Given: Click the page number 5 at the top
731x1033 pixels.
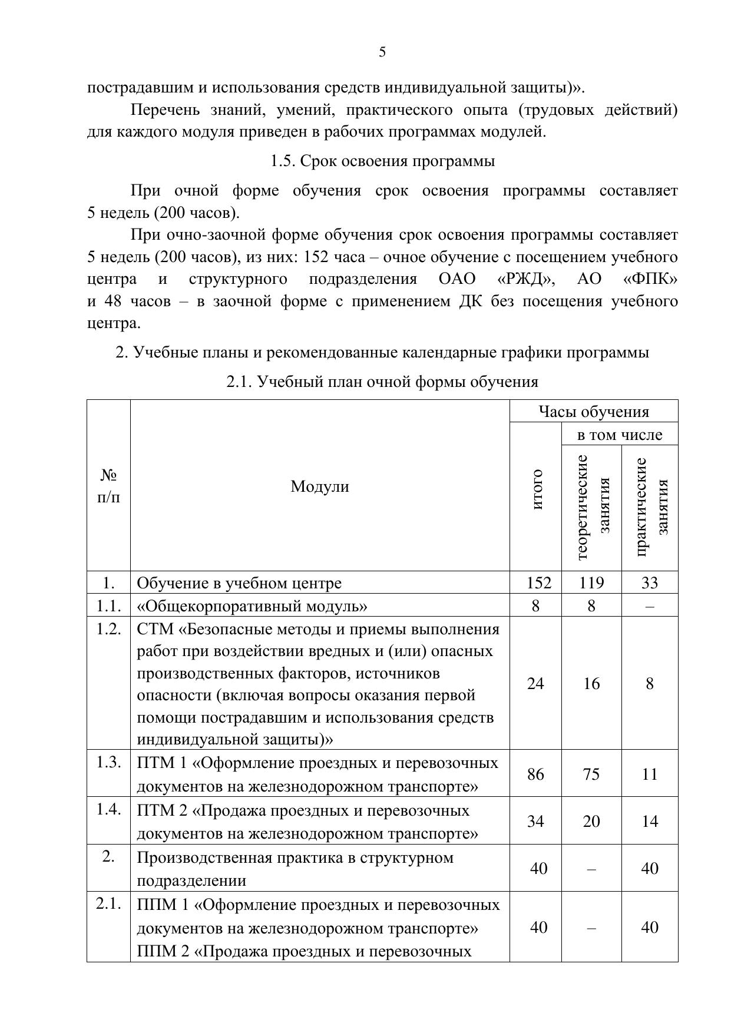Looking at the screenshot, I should pyautogui.click(x=382, y=52).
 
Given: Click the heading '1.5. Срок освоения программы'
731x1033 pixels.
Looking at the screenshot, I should pyautogui.click(x=382, y=161).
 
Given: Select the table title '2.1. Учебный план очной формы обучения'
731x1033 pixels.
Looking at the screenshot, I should pyautogui.click(x=382, y=382).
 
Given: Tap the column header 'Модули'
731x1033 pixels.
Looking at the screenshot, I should pyautogui.click(x=320, y=486).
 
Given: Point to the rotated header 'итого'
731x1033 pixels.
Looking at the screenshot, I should pyautogui.click(x=536, y=489).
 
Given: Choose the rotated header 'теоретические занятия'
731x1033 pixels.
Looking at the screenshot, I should pyautogui.click(x=592, y=506).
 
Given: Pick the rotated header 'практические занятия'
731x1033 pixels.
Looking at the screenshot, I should pyautogui.click(x=650, y=506).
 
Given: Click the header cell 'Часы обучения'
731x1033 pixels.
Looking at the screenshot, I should pyautogui.click(x=594, y=412).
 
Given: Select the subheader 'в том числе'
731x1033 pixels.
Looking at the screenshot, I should pyautogui.click(x=620, y=435).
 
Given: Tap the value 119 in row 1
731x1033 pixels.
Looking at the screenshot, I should pyautogui.click(x=591, y=583).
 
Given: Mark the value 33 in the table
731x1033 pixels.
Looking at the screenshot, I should pyautogui.click(x=650, y=583).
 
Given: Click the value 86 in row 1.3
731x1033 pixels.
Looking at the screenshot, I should pyautogui.click(x=535, y=774).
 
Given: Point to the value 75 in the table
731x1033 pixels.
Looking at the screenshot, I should pyautogui.click(x=591, y=774).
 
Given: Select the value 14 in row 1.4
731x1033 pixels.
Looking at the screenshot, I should pyautogui.click(x=650, y=822).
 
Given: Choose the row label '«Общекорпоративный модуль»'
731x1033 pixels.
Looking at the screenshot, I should pyautogui.click(x=252, y=606).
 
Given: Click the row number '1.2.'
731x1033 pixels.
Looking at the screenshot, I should pyautogui.click(x=109, y=628).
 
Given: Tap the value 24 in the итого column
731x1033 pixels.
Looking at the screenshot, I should pyautogui.click(x=535, y=683).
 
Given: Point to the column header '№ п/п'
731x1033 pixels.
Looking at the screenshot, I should pyautogui.click(x=108, y=486).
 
